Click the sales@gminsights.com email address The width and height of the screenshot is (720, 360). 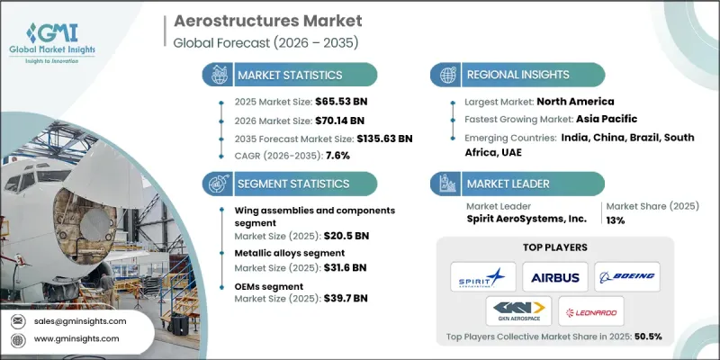pyautogui.click(x=82, y=320)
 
